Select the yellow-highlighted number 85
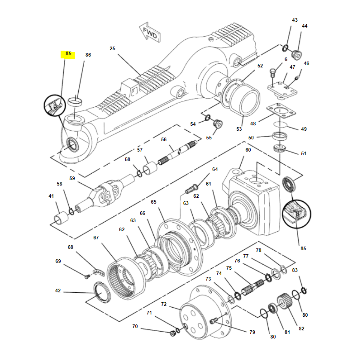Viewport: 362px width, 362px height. (x=68, y=54)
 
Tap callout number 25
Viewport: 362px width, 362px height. (x=113, y=48)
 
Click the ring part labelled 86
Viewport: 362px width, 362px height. (x=76, y=100)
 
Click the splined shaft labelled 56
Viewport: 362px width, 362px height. (x=176, y=154)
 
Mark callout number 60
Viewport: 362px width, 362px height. (x=248, y=150)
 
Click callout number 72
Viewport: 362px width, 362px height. (x=164, y=304)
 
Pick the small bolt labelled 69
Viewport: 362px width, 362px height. (x=86, y=276)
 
